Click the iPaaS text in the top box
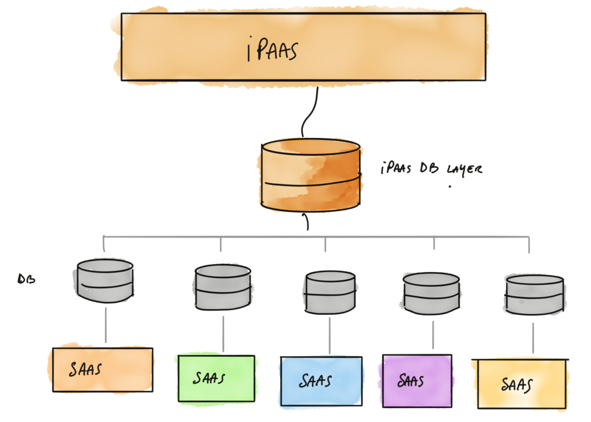pos(272,51)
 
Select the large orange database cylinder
pos(311,175)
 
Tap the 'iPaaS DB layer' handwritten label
pos(431,169)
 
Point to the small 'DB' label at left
pos(27,279)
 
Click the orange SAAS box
pos(102,370)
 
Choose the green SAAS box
pos(216,377)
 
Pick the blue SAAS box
pos(321,381)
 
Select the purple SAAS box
pos(417,380)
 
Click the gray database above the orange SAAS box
pos(104,281)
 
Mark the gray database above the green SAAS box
pos(222,287)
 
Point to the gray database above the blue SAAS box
pos(329,292)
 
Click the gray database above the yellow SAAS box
pos(533,295)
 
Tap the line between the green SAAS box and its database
pos(222,331)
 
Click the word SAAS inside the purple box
pos(411,380)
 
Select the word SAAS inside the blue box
pos(315,381)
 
